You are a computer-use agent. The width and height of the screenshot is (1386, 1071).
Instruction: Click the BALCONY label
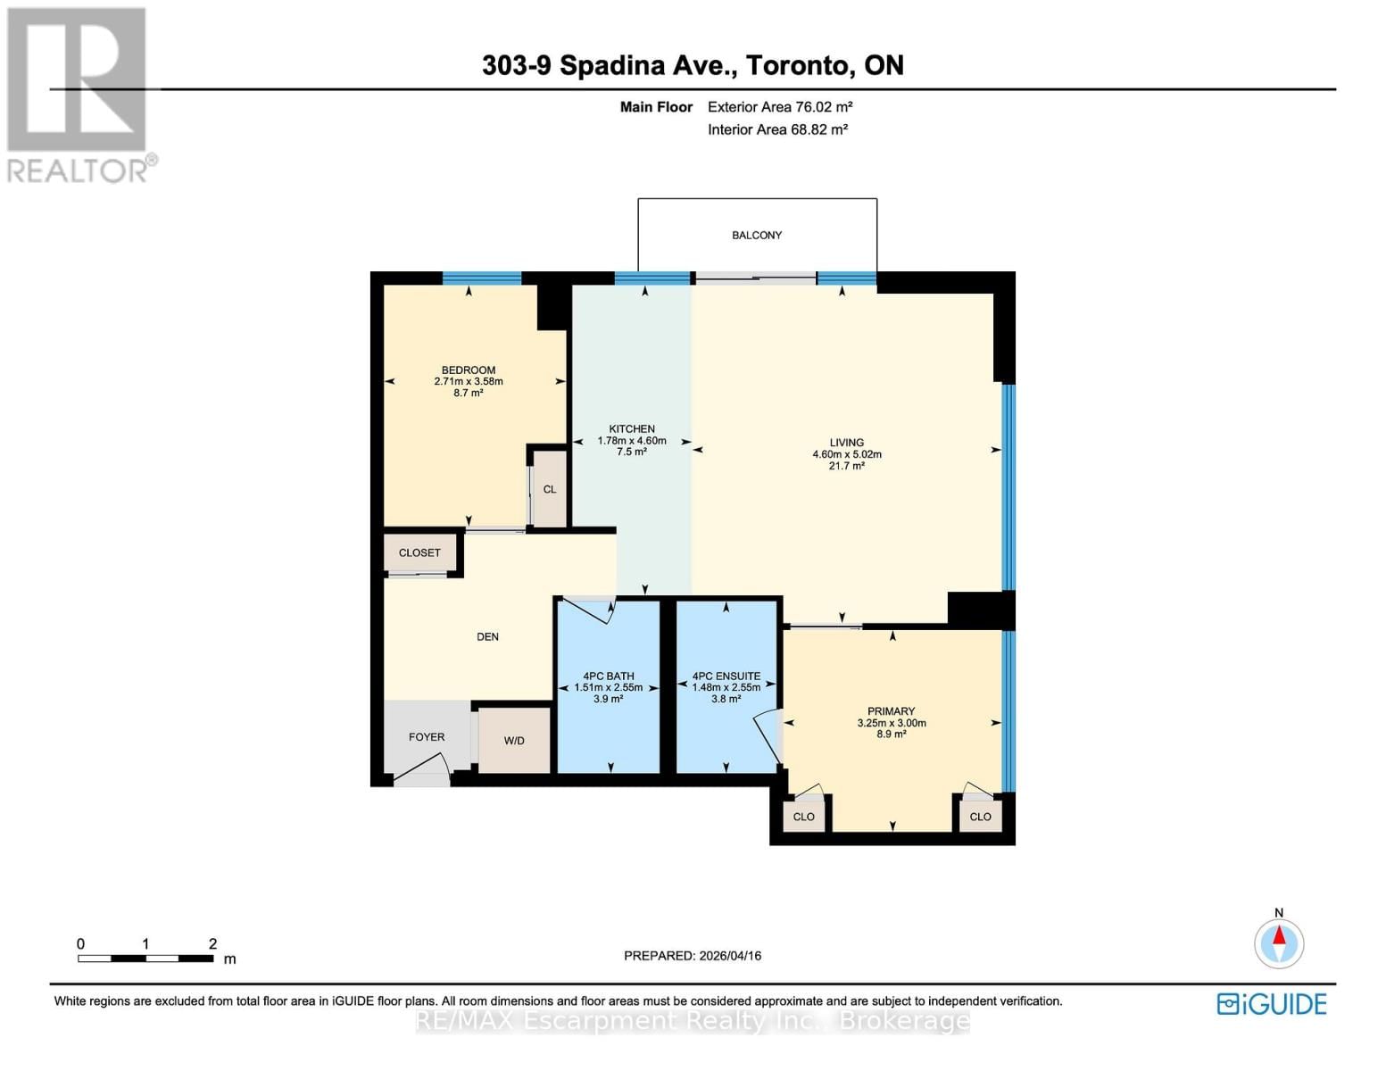pyautogui.click(x=757, y=236)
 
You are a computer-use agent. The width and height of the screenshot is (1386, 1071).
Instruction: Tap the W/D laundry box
pyautogui.click(x=514, y=741)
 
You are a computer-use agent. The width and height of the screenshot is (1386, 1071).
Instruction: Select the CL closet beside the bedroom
pyautogui.click(x=550, y=489)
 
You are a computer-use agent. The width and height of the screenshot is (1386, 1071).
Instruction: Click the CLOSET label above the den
pyautogui.click(x=419, y=553)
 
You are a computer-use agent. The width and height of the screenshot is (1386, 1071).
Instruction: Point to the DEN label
pyautogui.click(x=487, y=637)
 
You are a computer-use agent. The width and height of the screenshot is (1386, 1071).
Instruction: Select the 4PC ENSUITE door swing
pyautogui.click(x=768, y=736)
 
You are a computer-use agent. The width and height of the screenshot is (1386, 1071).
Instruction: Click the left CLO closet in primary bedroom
pyautogui.click(x=803, y=817)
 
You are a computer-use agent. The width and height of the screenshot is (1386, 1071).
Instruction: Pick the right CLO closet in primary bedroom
pyautogui.click(x=980, y=817)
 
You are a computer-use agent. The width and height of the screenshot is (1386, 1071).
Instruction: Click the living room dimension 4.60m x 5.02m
pyautogui.click(x=846, y=454)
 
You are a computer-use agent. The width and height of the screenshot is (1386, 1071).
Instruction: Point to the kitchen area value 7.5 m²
pyautogui.click(x=632, y=452)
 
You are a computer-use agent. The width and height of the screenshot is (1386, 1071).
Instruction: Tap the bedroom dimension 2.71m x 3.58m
pyautogui.click(x=469, y=381)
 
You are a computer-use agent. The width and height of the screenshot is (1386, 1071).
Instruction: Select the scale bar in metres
pyautogui.click(x=145, y=959)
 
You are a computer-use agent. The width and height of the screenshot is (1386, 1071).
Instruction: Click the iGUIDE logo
pyautogui.click(x=1272, y=1004)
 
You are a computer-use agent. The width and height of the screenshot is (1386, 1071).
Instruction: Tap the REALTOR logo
pyautogui.click(x=79, y=94)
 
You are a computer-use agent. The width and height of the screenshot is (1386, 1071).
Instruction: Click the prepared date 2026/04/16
pyautogui.click(x=693, y=956)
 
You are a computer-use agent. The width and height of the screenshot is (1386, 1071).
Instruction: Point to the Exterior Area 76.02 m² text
pyautogui.click(x=780, y=107)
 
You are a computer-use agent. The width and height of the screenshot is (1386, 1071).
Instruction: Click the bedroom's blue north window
pyautogui.click(x=482, y=278)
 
